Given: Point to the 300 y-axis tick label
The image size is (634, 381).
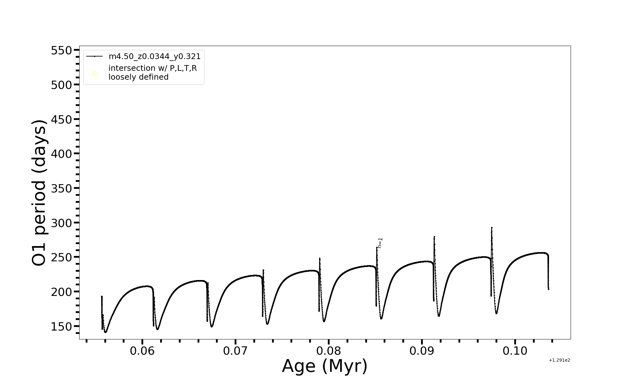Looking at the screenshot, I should tap(61, 223).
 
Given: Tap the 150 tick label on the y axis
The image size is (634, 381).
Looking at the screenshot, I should tap(61, 326).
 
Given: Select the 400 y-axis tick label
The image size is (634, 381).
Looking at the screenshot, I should tap(61, 154).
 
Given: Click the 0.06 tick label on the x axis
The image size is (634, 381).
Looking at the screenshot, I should tap(142, 351).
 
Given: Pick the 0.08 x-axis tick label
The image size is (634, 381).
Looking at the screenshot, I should tap(329, 351).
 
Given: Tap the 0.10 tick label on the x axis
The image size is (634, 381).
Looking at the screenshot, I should tap(515, 351).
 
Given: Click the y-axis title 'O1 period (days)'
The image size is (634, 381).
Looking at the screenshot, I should tap(40, 193).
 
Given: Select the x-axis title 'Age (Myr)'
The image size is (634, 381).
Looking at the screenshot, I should tap(325, 366).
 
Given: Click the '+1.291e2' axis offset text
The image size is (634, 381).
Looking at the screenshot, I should tap(559, 360).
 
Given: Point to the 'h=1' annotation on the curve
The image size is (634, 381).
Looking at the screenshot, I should tap(380, 243).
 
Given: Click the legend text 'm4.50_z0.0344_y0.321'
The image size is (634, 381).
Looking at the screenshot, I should tap(154, 57).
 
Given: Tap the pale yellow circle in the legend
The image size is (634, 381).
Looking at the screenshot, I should tap(94, 74).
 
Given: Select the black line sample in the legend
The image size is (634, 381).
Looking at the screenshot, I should tap(94, 57).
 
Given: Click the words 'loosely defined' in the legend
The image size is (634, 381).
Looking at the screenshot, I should tap(138, 77).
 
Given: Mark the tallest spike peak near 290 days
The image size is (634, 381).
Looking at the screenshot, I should tap(492, 228).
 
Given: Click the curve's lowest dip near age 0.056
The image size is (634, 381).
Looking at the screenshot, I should tap(106, 332).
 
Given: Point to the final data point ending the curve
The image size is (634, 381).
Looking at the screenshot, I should tap(548, 289).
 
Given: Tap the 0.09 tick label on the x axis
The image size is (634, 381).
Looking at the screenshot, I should tap(422, 351).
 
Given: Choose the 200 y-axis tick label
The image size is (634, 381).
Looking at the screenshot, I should tap(61, 292).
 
